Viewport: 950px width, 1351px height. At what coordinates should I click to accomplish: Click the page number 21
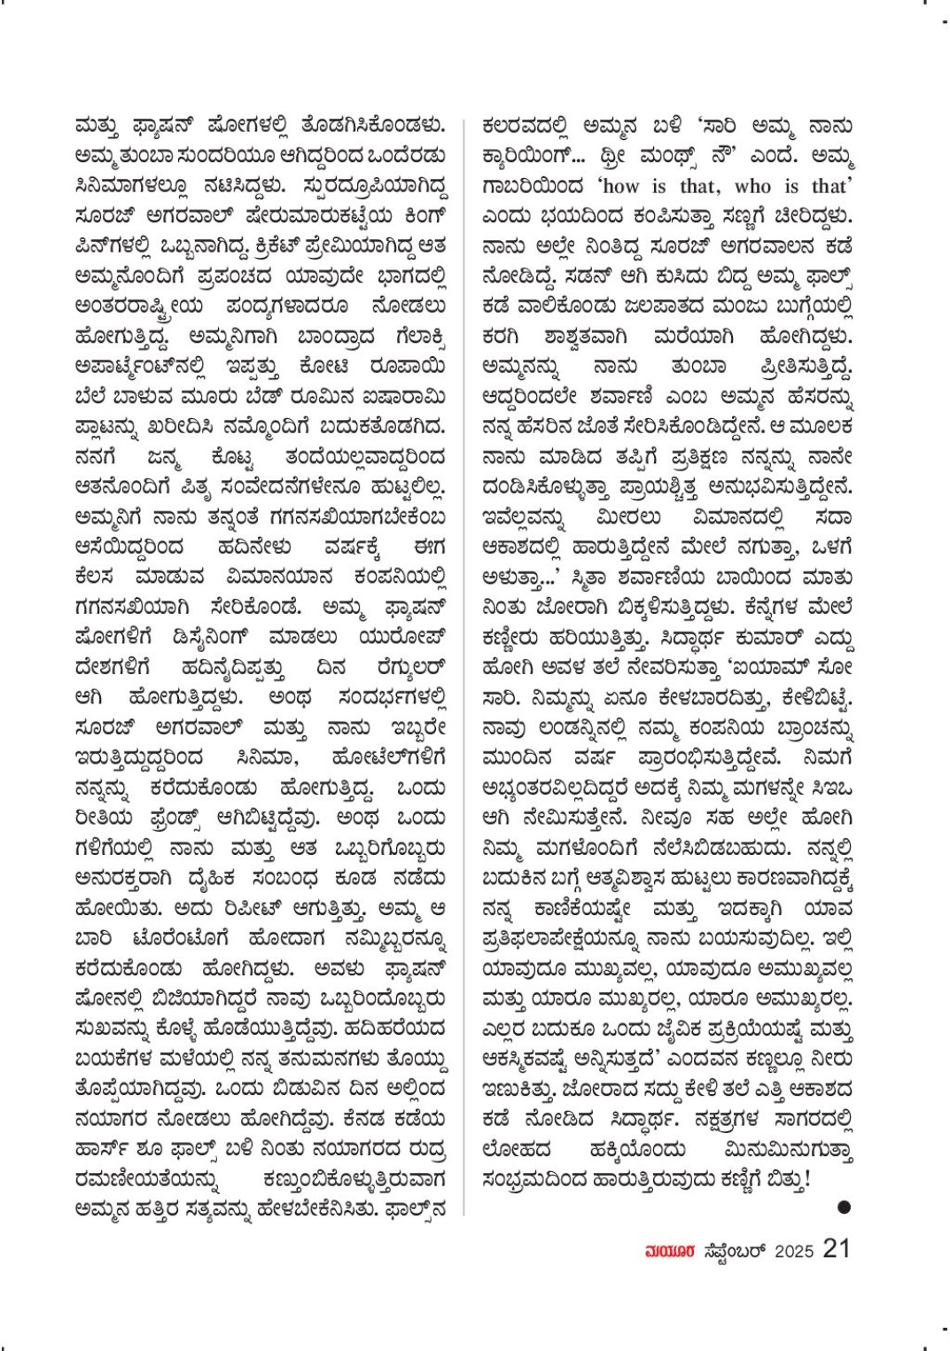pos(837,1248)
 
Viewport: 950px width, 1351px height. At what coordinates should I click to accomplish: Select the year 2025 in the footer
pos(794,1250)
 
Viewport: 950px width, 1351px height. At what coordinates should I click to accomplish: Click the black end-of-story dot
pos(844,1207)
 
